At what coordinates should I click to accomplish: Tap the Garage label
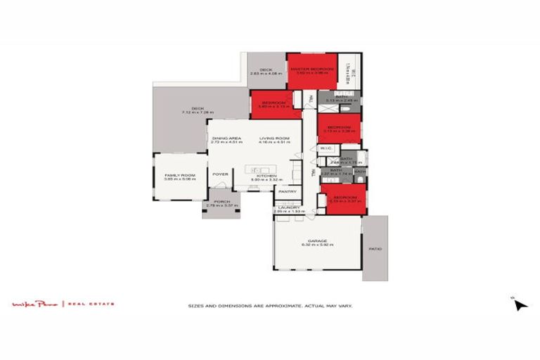[316, 241]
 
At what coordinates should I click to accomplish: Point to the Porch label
[221, 202]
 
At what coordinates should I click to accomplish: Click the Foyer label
[220, 174]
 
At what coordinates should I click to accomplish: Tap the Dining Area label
[227, 138]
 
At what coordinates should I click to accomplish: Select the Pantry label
[286, 191]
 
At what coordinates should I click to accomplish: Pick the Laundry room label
[287, 207]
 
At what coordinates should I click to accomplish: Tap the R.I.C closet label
[326, 148]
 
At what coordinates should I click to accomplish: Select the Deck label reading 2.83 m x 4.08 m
[266, 72]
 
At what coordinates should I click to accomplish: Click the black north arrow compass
[519, 304]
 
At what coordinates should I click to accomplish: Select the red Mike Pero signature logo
[37, 304]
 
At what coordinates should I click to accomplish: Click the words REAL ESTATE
[91, 304]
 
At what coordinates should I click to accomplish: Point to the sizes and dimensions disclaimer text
[270, 306]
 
